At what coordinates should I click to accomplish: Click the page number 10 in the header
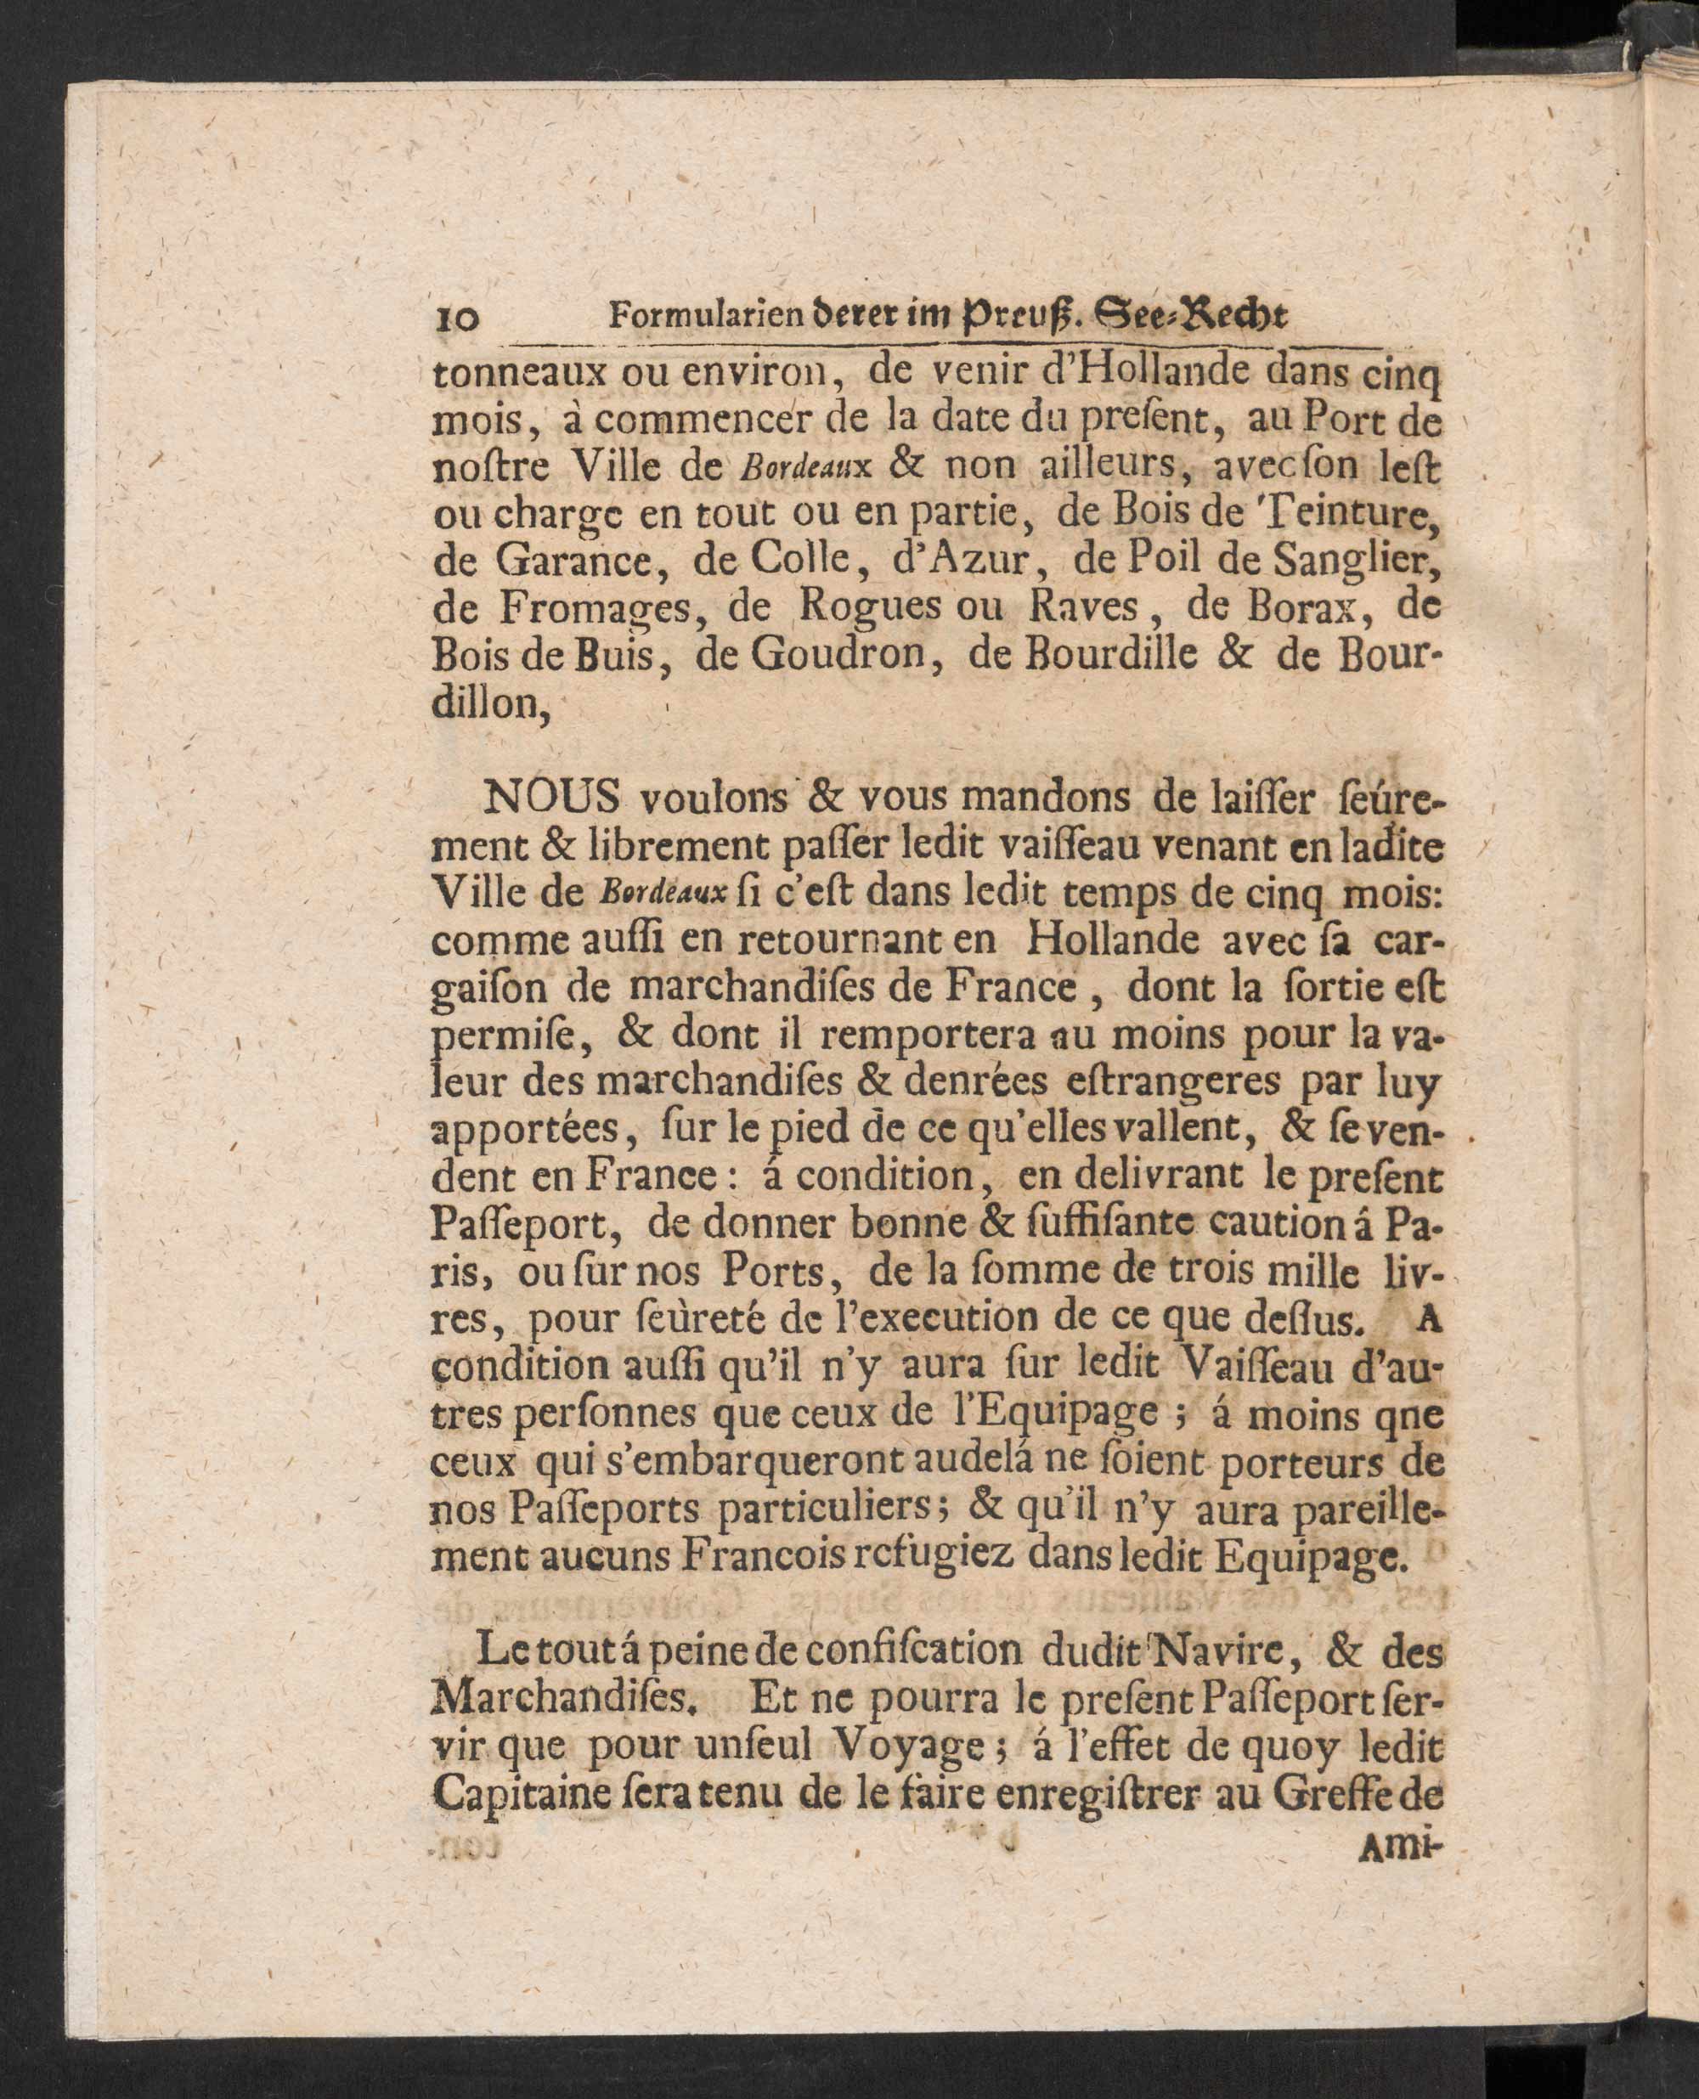(455, 320)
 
